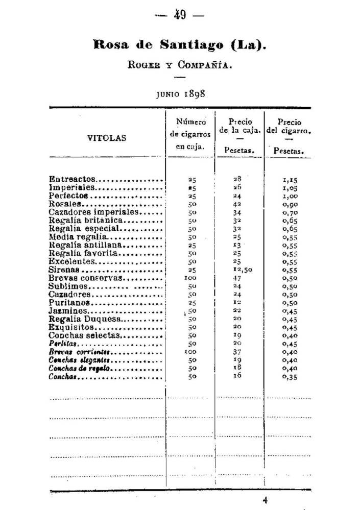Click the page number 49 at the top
(180, 15)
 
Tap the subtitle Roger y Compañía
(180, 65)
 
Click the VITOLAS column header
(107, 138)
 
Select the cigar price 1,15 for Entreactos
(290, 180)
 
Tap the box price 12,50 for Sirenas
(239, 270)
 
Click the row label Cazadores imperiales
(93, 212)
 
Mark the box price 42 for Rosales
(237, 204)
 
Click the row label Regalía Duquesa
(85, 319)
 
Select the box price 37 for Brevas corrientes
(237, 352)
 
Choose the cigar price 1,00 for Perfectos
(290, 196)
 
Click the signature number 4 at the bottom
(265, 501)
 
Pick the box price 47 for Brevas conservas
(237, 278)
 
